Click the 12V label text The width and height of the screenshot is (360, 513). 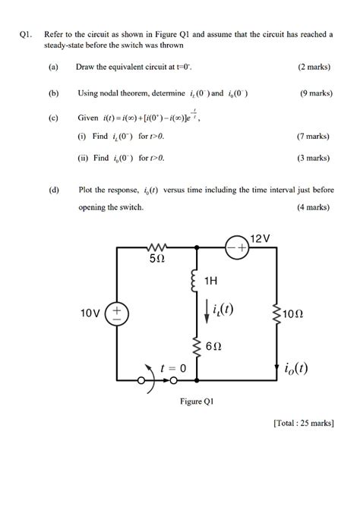point(260,238)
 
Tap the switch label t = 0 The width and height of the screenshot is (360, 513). point(173,368)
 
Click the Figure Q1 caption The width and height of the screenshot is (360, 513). point(196,401)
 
